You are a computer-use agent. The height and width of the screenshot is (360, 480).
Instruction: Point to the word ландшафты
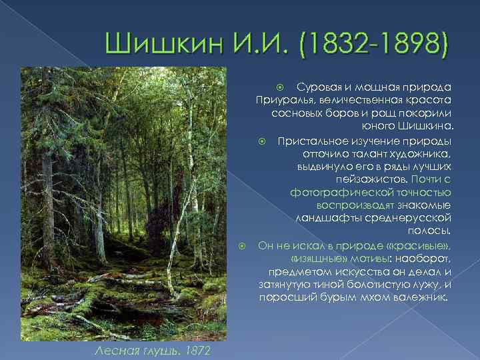pos(326,218)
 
